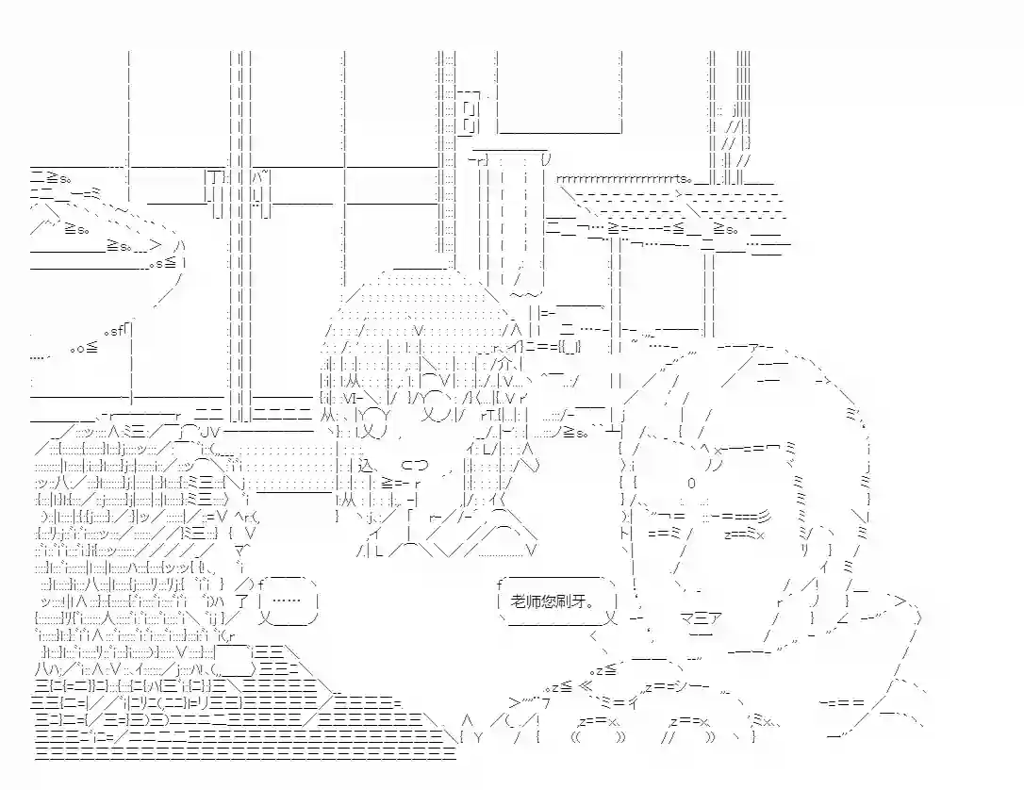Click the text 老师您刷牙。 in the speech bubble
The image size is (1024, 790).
pos(553,601)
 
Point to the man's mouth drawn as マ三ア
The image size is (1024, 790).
pos(700,617)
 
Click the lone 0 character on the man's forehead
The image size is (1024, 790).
pos(691,483)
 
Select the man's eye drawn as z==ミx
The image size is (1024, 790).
pos(744,535)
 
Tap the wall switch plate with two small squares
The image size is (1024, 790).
pos(469,116)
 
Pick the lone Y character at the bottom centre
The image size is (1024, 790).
pos(478,738)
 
